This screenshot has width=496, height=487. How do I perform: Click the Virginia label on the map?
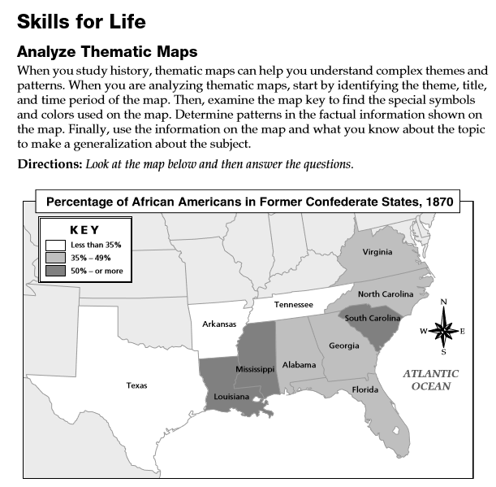pos(377,252)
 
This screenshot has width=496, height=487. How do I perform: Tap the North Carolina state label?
pos(386,294)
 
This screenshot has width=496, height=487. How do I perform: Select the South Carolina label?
pos(373,318)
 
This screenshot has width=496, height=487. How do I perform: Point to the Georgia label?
pos(343,346)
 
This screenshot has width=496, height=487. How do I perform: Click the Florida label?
pos(365,389)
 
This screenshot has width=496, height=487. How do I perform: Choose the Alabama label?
pos(299,365)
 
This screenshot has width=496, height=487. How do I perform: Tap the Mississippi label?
pos(256,369)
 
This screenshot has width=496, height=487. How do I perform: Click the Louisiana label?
pos(232,398)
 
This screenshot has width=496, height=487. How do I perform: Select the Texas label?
pos(136,385)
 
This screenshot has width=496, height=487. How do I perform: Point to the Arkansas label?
pos(219,324)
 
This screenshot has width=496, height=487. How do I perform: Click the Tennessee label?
pos(293,304)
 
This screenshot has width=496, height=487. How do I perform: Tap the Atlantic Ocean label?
pos(431,380)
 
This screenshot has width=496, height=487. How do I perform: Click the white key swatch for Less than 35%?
pos(55,245)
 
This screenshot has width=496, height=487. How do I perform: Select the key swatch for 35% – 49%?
pos(55,257)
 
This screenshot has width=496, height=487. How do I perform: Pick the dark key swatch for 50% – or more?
pos(55,270)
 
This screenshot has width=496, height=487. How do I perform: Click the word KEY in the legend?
pos(85,230)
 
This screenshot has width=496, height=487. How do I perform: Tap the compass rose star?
pos(443,330)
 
